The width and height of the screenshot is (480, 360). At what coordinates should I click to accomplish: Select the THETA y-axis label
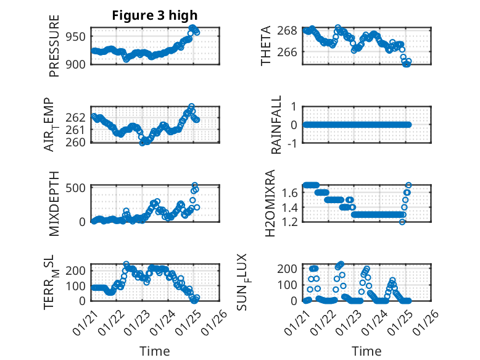pyautogui.click(x=266, y=46)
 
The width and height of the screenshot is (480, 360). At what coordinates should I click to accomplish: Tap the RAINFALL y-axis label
pyautogui.click(x=277, y=125)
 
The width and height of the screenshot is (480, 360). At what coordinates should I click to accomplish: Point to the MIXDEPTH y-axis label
pyautogui.click(x=54, y=203)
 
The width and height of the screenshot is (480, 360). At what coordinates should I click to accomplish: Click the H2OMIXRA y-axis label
pyautogui.click(x=270, y=203)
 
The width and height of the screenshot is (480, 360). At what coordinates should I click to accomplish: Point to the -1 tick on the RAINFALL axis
pyautogui.click(x=293, y=143)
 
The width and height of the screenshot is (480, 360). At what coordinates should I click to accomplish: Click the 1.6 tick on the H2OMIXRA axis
pyautogui.click(x=292, y=193)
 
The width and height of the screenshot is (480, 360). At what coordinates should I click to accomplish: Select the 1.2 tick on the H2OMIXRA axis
pyautogui.click(x=292, y=221)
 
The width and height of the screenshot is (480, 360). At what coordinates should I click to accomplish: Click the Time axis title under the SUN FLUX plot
pyautogui.click(x=366, y=351)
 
